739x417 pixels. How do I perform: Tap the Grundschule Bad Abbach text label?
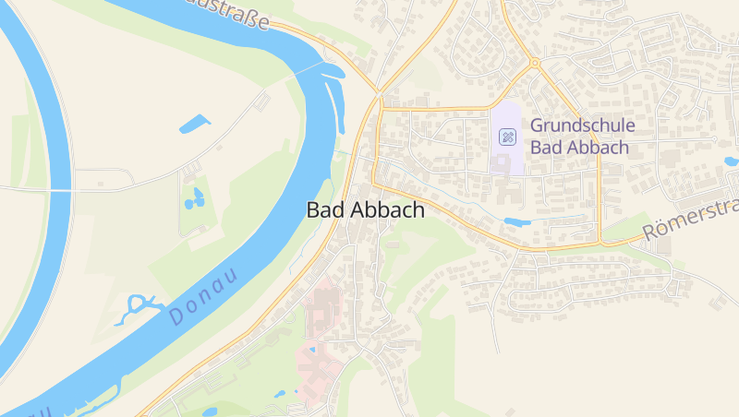[x=582, y=136]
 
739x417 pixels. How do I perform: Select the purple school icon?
[x=507, y=137]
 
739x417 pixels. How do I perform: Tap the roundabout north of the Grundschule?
[x=534, y=63]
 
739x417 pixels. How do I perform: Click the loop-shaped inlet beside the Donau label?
[x=135, y=308]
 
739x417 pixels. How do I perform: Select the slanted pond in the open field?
[x=194, y=123]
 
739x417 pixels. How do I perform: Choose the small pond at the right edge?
[x=731, y=161]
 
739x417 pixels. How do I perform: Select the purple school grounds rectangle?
[x=506, y=138]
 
